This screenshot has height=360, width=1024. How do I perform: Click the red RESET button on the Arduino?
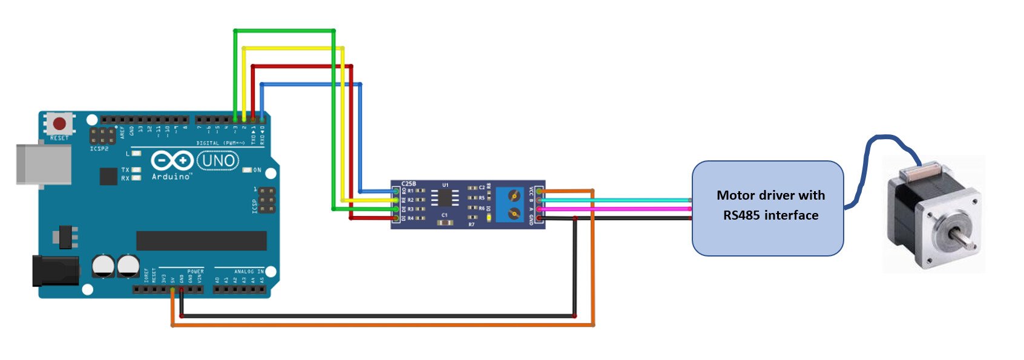(x=59, y=124)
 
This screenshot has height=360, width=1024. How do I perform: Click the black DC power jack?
(x=55, y=270)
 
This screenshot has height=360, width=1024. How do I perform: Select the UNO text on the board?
(x=218, y=161)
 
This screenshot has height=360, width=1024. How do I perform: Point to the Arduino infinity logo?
(x=172, y=161)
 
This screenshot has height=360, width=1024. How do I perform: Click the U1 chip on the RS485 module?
(x=445, y=198)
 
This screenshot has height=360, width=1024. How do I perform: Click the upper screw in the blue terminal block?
(x=514, y=196)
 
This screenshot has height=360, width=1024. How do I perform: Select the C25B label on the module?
(x=409, y=183)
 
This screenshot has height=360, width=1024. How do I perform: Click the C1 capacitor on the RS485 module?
(x=445, y=222)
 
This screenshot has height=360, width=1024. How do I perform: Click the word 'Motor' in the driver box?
(x=734, y=195)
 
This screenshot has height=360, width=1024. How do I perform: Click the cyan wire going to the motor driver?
(x=635, y=200)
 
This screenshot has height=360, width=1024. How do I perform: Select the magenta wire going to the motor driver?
(x=635, y=209)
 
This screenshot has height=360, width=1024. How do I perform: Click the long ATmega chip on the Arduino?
(x=201, y=240)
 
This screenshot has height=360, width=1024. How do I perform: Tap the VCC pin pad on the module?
(x=539, y=191)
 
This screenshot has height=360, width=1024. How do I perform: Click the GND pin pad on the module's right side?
(x=539, y=218)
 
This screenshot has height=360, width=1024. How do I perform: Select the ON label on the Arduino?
(x=257, y=170)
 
